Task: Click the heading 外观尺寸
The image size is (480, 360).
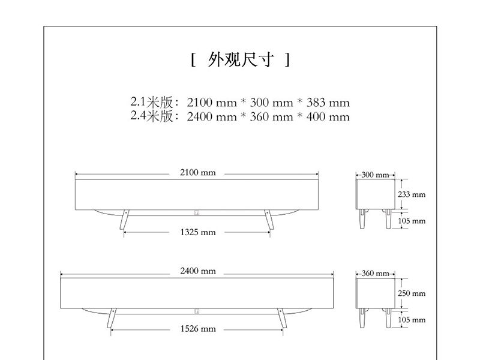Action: pyautogui.click(x=240, y=60)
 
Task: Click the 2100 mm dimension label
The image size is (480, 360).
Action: pyautogui.click(x=197, y=173)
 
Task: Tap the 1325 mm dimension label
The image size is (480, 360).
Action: pyautogui.click(x=197, y=232)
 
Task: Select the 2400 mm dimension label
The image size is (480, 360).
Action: pyautogui.click(x=197, y=271)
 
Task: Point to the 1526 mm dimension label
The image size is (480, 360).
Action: pyautogui.click(x=197, y=329)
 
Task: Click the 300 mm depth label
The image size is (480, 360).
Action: pyautogui.click(x=375, y=175)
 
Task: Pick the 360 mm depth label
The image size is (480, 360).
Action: pyautogui.click(x=375, y=274)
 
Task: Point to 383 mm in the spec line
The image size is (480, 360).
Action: pyautogui.click(x=329, y=103)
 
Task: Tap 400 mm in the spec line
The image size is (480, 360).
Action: pyautogui.click(x=329, y=117)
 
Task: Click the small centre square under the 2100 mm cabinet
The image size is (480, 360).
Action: pyautogui.click(x=197, y=212)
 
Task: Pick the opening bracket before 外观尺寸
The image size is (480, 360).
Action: pyautogui.click(x=193, y=60)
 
